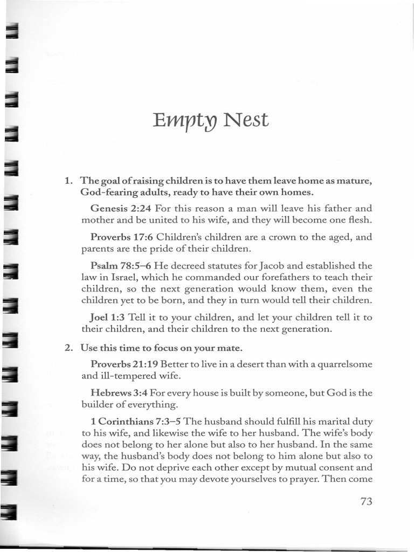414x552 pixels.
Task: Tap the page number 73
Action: point(366,501)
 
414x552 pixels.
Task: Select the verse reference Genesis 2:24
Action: point(121,208)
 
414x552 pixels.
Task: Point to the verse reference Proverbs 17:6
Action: point(122,237)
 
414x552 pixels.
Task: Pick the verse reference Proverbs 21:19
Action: point(125,364)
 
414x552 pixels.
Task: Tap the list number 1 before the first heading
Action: point(68,181)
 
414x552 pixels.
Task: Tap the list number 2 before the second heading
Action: point(68,348)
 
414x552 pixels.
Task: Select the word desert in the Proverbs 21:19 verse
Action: point(255,364)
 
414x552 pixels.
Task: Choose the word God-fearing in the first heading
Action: point(108,192)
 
